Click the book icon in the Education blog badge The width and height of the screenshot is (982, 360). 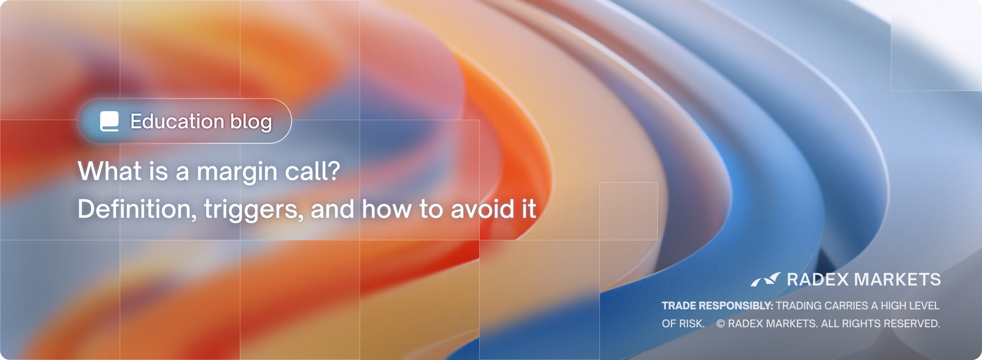[x=109, y=121]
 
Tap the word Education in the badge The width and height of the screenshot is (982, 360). [x=177, y=122]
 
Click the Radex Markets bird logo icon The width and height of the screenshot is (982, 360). [x=766, y=279]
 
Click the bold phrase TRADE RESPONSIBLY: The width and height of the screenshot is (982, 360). [x=718, y=306]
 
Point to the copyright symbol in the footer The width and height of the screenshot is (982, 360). [x=721, y=324]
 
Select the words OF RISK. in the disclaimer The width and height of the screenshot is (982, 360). [x=683, y=324]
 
